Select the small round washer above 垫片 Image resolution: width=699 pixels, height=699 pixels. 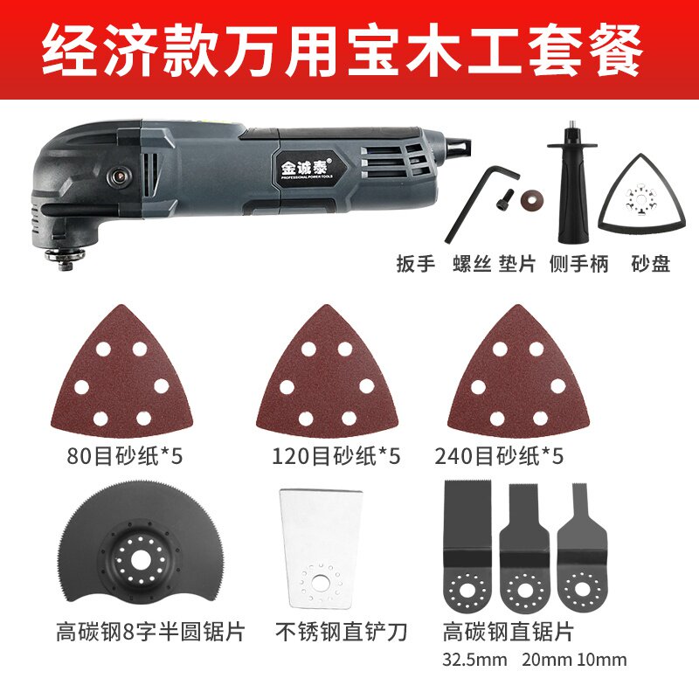529,197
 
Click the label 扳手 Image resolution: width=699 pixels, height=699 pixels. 414,263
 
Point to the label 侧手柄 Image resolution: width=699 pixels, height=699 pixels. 582,263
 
